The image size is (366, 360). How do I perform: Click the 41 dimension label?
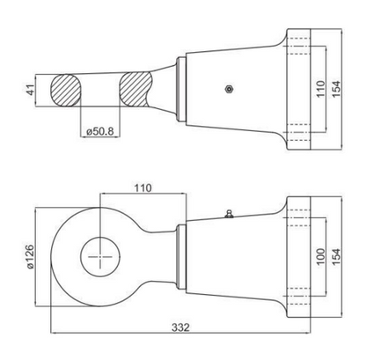[x=31, y=90]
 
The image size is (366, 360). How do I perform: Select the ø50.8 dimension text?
[x=100, y=131]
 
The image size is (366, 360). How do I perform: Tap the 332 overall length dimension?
[x=180, y=327]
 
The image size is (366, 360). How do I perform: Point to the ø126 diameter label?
[x=31, y=257]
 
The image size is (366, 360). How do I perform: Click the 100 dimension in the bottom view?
[x=321, y=257]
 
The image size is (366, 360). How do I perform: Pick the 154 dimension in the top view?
[x=337, y=89]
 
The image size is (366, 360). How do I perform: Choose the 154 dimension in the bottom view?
[x=337, y=257]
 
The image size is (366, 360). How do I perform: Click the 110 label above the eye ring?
[x=143, y=187]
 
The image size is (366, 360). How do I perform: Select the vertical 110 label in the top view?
[x=321, y=89]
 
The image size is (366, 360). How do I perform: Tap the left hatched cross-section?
[x=66, y=90]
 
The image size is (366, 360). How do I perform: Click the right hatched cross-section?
[x=136, y=89]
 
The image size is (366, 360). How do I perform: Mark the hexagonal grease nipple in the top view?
[x=229, y=89]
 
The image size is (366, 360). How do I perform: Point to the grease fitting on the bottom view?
[x=229, y=214]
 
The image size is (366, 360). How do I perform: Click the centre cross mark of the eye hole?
[x=100, y=257]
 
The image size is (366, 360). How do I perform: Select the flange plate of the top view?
[x=298, y=90]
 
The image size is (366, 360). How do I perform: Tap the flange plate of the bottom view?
[x=298, y=257]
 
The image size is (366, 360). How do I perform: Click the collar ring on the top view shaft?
[x=180, y=90]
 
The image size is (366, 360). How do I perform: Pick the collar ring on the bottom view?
[x=181, y=257]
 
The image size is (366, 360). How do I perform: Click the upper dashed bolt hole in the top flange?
[x=297, y=47]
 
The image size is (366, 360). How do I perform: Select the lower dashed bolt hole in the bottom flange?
[x=297, y=297]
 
